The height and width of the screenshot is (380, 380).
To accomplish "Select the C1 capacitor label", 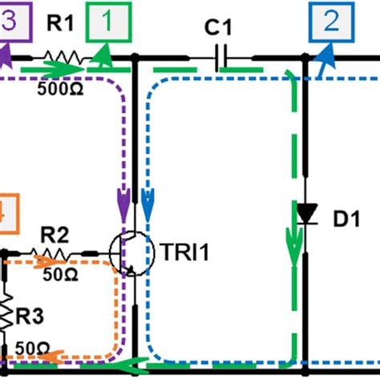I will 217,29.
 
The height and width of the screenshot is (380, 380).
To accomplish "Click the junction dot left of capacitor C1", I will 135,58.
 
